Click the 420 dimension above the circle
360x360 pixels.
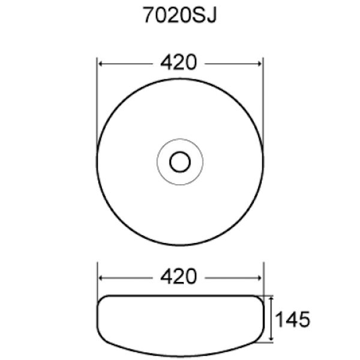[x=179, y=62]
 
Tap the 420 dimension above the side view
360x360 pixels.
[x=179, y=277]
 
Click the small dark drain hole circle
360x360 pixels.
[x=179, y=161]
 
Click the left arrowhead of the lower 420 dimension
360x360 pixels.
[x=101, y=278]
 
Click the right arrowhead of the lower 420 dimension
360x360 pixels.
[x=259, y=278]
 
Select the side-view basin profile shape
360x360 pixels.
[x=179, y=321]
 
